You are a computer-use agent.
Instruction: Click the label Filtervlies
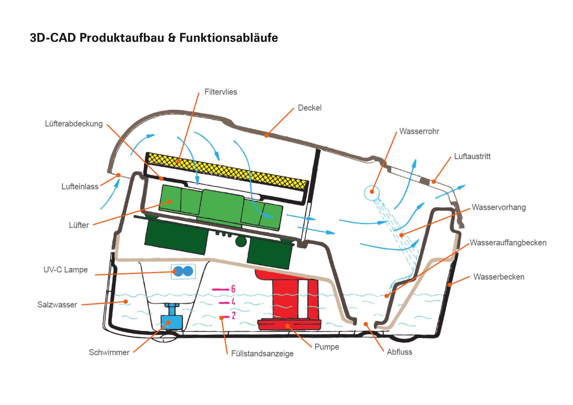point(221,92)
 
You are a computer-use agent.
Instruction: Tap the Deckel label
point(309,108)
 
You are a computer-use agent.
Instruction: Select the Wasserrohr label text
point(419,131)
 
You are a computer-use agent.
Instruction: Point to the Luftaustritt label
point(472,156)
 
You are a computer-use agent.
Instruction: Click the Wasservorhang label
point(498,207)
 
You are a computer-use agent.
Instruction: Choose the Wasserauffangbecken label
point(508,243)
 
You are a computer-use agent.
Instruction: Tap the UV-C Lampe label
point(66,270)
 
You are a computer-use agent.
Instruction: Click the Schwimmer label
point(109,352)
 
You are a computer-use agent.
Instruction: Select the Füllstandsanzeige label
point(262,354)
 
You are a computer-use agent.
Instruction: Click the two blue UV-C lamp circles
point(183,271)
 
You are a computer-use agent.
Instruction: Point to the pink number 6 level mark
point(233,289)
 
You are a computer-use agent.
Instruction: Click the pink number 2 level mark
point(233,316)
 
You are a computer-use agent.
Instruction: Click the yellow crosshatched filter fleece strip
point(227,171)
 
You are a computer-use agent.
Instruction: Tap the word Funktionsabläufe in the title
point(229,38)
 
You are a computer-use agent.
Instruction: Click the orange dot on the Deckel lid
point(267,135)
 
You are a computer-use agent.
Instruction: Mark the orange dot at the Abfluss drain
point(366,324)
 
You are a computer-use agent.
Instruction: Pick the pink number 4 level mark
point(233,302)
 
